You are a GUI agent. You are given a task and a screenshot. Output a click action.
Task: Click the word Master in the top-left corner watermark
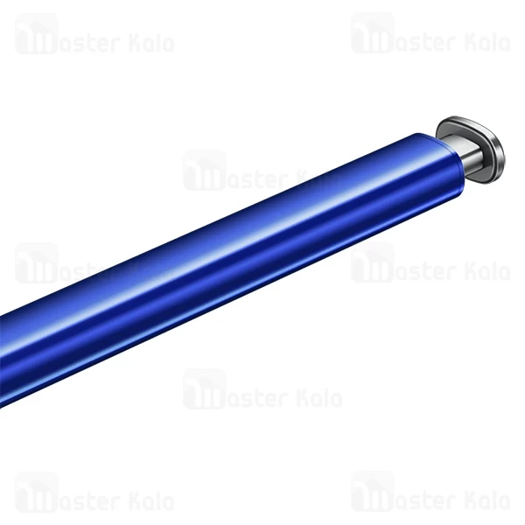click(x=92, y=42)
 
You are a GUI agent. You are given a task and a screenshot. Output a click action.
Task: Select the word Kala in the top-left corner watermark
click(x=150, y=42)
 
